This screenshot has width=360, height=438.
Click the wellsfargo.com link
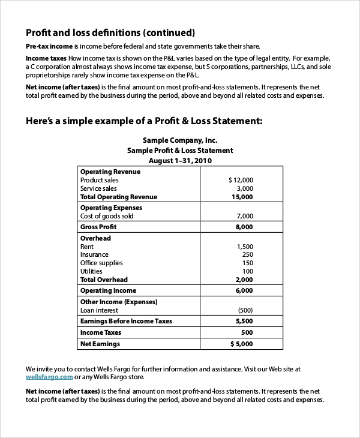point(49,377)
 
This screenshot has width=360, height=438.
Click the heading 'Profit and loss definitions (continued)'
point(110,32)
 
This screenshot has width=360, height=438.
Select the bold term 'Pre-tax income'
point(49,46)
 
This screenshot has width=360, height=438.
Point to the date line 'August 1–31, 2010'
point(180,161)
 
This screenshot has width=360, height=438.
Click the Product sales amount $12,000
point(241,180)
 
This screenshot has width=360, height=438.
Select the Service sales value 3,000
point(244,188)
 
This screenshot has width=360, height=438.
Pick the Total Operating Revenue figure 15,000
point(242,197)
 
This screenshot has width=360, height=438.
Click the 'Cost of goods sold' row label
point(107,216)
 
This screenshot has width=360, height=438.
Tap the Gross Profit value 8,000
point(244,227)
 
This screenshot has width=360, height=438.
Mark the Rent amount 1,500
point(245,247)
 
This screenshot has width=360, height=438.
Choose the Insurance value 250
point(247,254)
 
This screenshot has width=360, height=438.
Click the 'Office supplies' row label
point(101,263)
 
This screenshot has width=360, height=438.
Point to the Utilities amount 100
point(247,271)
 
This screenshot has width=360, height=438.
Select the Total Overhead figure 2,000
point(244,280)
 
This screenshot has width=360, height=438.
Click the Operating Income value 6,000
point(244,290)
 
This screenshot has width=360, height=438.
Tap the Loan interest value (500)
point(245,310)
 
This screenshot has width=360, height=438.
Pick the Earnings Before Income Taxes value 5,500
point(244,321)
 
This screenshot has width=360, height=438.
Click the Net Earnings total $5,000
point(241,344)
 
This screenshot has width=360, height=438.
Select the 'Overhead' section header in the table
point(95,238)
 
